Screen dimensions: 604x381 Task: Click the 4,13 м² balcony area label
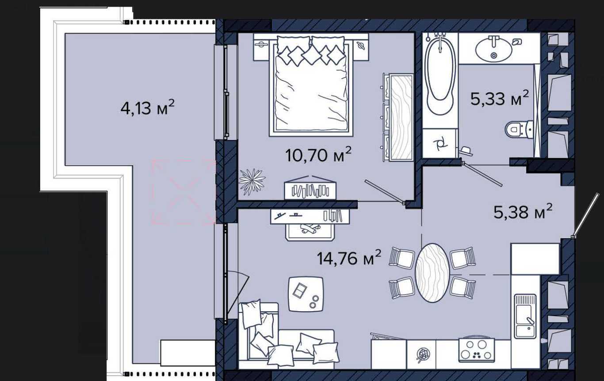(148, 107)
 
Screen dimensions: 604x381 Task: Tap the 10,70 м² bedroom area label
(318, 154)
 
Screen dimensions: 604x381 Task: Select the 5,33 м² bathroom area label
(499, 98)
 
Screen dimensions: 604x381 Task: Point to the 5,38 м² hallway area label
(523, 211)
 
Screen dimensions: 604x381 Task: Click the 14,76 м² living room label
(349, 257)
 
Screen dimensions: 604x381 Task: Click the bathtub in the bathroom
(440, 77)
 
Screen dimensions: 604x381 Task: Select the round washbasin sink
(493, 50)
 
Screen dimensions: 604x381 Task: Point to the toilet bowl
(520, 130)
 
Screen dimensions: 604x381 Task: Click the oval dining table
(432, 273)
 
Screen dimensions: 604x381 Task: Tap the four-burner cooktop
(477, 350)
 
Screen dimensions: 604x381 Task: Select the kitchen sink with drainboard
(525, 316)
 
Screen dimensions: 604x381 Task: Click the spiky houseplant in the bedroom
(252, 182)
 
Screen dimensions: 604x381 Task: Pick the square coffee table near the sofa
(306, 294)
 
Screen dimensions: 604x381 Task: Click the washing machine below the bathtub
(440, 143)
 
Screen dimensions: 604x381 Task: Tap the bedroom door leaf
(384, 190)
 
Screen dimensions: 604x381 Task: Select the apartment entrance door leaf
(585, 215)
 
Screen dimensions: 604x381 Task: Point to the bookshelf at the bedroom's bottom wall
(310, 188)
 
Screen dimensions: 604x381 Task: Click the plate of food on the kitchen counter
(423, 354)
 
